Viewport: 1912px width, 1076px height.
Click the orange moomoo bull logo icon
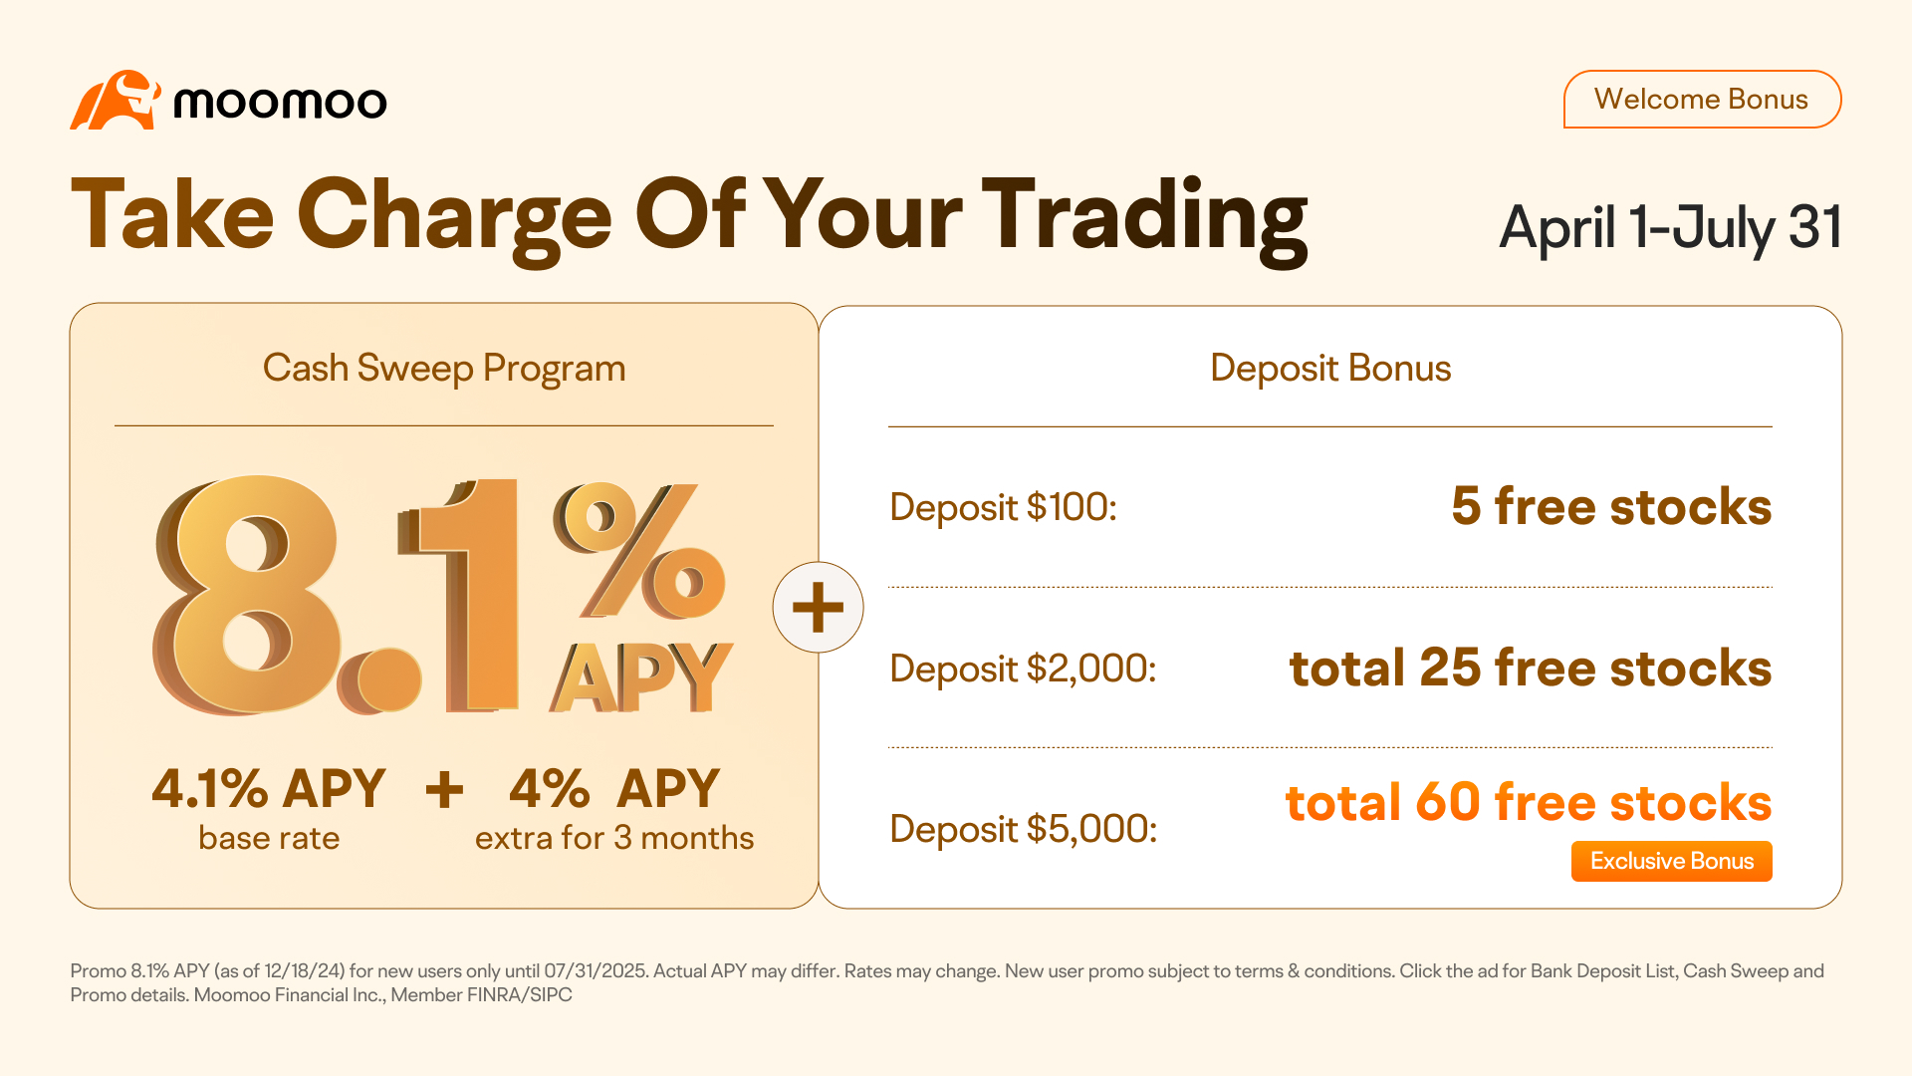coord(115,100)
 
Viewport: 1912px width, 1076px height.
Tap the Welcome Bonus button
coord(1702,100)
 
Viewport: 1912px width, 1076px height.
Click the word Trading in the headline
coord(1144,219)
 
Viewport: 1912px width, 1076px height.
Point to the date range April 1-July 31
coord(1670,228)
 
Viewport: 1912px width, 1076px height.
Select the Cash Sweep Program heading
coord(444,369)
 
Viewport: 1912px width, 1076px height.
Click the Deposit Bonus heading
coord(1330,369)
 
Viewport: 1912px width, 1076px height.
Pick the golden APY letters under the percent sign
coord(641,677)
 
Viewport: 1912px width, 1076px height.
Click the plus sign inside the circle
coord(818,608)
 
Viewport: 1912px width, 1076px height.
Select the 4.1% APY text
coord(269,789)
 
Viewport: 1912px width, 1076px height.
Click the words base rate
coord(269,838)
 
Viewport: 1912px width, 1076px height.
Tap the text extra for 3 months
coord(614,838)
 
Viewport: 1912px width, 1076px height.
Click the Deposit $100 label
coord(1003,507)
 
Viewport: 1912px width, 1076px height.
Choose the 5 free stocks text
coord(1611,506)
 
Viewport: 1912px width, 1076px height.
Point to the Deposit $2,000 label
coord(1023,669)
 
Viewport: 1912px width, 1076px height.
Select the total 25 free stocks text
coord(1531,668)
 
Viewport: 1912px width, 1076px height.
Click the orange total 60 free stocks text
coord(1529,803)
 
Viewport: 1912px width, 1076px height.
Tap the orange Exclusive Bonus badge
coord(1672,862)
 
